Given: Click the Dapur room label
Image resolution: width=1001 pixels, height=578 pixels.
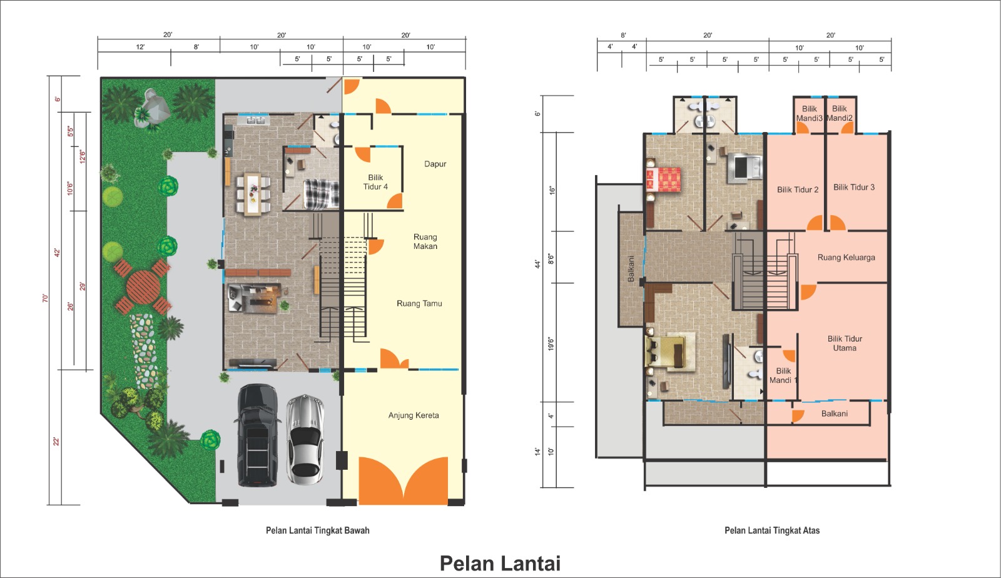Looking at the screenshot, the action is point(435,164).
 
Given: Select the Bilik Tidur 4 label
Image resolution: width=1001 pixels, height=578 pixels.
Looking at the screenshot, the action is point(375,182).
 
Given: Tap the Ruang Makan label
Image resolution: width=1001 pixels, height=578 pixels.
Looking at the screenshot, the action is point(425,241).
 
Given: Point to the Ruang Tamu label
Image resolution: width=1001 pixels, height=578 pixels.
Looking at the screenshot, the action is point(419,304).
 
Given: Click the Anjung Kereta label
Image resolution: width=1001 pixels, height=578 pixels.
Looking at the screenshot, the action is point(414,415).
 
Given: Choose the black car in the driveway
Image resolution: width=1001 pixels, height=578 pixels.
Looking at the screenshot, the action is point(257,435).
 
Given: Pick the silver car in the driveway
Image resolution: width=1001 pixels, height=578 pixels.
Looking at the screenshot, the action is point(305,440).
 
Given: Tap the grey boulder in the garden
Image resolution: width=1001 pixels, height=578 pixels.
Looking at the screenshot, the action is point(153,107).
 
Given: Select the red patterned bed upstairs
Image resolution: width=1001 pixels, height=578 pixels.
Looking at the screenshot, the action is point(663,180).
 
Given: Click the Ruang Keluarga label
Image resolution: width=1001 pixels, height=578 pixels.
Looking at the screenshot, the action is point(846,257).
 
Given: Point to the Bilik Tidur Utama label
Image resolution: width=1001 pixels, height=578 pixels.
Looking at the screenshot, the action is point(845,343).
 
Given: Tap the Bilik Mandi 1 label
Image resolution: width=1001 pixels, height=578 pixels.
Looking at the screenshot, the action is point(783,376).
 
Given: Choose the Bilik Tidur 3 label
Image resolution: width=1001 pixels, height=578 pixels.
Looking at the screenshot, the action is point(854,187).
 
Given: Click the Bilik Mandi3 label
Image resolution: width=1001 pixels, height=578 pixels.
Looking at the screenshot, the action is point(810,113).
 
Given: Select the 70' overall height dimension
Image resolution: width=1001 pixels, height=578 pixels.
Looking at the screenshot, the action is point(45,298).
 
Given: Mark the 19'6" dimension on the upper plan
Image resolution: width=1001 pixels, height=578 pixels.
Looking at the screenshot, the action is point(551,344).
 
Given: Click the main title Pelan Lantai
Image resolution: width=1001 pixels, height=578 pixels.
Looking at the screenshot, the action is point(500,563).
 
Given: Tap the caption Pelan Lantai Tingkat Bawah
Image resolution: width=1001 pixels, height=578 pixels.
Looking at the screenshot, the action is point(318,530).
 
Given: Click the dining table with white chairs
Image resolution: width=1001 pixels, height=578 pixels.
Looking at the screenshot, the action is point(253,195).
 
